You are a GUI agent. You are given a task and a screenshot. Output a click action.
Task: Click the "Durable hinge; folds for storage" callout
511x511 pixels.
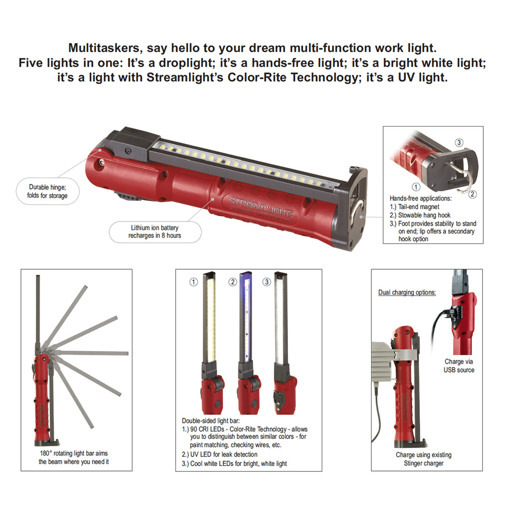coord(47,191)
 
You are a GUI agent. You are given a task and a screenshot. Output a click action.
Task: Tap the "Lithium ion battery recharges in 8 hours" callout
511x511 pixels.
coord(155,232)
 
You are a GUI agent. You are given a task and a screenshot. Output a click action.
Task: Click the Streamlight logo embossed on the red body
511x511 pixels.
coord(261,207)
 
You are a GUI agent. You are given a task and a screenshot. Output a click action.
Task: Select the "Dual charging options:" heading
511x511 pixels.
coord(407,293)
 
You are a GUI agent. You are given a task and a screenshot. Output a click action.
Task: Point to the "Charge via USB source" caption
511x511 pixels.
coord(459,366)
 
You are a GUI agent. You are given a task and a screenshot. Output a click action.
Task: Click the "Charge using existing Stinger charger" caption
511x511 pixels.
coord(423,459)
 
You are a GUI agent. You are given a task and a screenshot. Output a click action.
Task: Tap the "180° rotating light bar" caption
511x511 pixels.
coord(74,457)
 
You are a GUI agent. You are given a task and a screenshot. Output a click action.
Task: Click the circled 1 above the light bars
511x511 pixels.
coord(194,282)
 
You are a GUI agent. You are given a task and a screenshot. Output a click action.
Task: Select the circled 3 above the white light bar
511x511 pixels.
coord(267,282)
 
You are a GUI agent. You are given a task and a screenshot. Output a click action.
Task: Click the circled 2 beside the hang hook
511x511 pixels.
coord(472,194)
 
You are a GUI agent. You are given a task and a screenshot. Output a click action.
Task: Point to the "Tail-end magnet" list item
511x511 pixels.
coord(415,207)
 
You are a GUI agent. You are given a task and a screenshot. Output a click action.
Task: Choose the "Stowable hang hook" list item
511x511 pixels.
coord(420,215)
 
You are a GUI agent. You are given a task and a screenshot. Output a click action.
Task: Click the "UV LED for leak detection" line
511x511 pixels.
coord(220,454)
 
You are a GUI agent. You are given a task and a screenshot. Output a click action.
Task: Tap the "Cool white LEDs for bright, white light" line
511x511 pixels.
coord(235,463)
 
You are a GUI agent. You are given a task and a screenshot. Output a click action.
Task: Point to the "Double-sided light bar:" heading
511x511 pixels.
coord(211,421)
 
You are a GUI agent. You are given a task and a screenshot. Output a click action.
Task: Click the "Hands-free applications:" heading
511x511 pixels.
coord(420,198)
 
